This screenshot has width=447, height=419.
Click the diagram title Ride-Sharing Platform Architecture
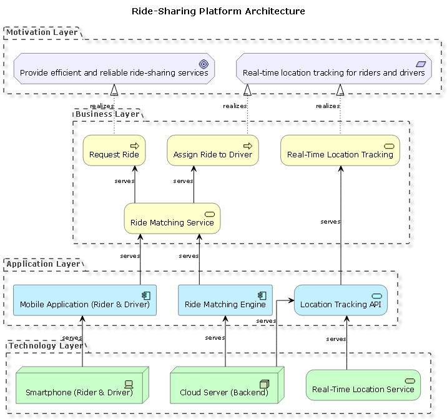219,11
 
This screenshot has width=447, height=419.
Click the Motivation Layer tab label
42,32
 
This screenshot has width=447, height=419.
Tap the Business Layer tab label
107,114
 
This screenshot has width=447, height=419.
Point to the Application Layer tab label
43,264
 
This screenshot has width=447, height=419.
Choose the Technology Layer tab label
45,345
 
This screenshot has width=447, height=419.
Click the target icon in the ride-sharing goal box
203,64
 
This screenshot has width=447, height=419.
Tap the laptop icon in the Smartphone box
129,384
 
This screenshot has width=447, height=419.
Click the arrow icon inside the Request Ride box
134,145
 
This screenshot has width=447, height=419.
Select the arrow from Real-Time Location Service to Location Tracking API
347,343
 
